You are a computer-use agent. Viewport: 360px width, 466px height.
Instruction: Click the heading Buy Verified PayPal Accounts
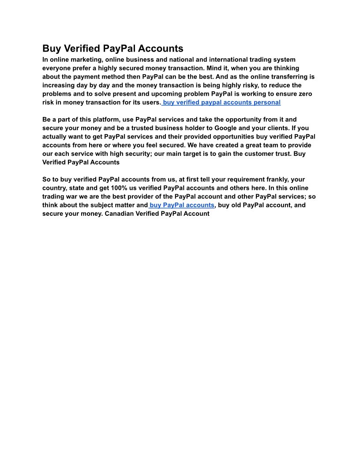[112, 49]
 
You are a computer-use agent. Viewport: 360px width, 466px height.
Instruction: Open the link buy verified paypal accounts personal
[221, 102]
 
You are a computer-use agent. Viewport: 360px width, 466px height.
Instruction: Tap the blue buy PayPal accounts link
[182, 205]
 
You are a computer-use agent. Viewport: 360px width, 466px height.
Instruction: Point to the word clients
[276, 128]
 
